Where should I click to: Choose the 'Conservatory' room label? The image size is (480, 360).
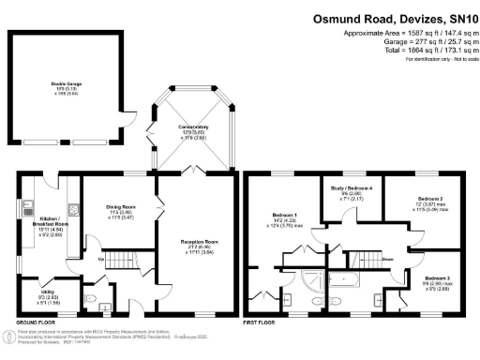pyautogui.click(x=194, y=127)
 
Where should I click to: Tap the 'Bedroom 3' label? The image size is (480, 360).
pyautogui.click(x=435, y=278)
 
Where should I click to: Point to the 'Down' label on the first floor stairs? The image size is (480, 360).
pyautogui.click(x=386, y=260)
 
